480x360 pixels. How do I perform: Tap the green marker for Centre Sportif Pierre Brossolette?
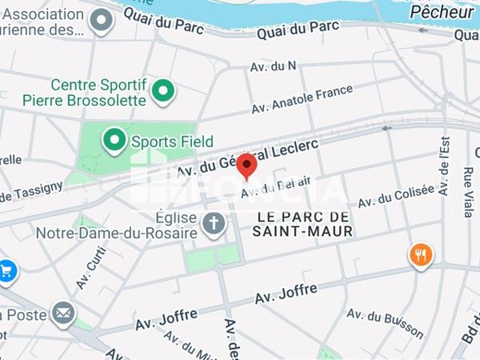[x=164, y=92]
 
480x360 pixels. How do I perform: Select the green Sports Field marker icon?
[x=115, y=142]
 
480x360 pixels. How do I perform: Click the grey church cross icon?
[x=213, y=223]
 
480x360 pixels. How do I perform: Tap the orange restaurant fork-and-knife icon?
[x=421, y=255]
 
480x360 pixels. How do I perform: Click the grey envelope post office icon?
[x=62, y=314]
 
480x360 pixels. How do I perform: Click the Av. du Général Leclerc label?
[x=247, y=158]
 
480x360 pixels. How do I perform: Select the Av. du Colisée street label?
[x=395, y=195]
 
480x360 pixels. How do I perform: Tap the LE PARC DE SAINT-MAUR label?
[x=303, y=224]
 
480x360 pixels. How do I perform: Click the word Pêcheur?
[x=442, y=12]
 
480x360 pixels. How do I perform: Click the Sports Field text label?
[x=172, y=142]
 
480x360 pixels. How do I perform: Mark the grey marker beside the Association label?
[x=101, y=22]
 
